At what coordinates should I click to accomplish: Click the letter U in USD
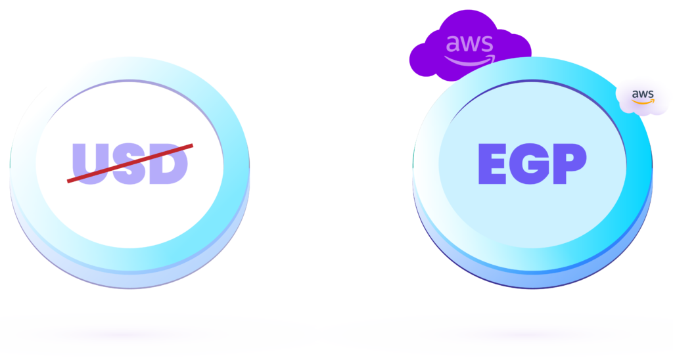click(x=88, y=162)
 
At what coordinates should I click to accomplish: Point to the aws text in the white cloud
click(x=643, y=95)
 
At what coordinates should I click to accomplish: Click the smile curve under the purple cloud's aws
click(x=468, y=61)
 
